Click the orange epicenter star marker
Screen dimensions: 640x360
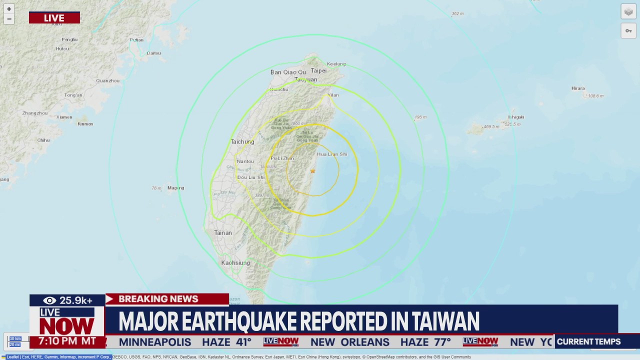[x=312, y=171]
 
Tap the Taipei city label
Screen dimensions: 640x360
[x=318, y=71]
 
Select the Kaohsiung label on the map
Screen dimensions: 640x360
[x=235, y=263]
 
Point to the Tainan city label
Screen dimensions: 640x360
[x=223, y=233]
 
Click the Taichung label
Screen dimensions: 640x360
[x=242, y=142]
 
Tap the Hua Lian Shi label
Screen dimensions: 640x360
[x=332, y=154]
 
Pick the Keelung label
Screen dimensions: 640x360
[x=336, y=64]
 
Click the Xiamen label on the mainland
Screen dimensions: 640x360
[x=64, y=117]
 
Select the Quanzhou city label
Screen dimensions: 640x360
[x=107, y=80]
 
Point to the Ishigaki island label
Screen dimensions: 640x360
[x=516, y=117]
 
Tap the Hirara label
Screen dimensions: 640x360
[x=578, y=88]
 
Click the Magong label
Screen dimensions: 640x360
[x=176, y=188]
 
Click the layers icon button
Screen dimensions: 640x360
[x=628, y=12]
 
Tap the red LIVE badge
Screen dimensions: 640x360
[x=54, y=18]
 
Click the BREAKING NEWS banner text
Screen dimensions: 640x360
[x=158, y=299]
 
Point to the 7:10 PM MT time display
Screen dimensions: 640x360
[x=67, y=341]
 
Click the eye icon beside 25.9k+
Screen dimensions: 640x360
[x=49, y=300]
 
